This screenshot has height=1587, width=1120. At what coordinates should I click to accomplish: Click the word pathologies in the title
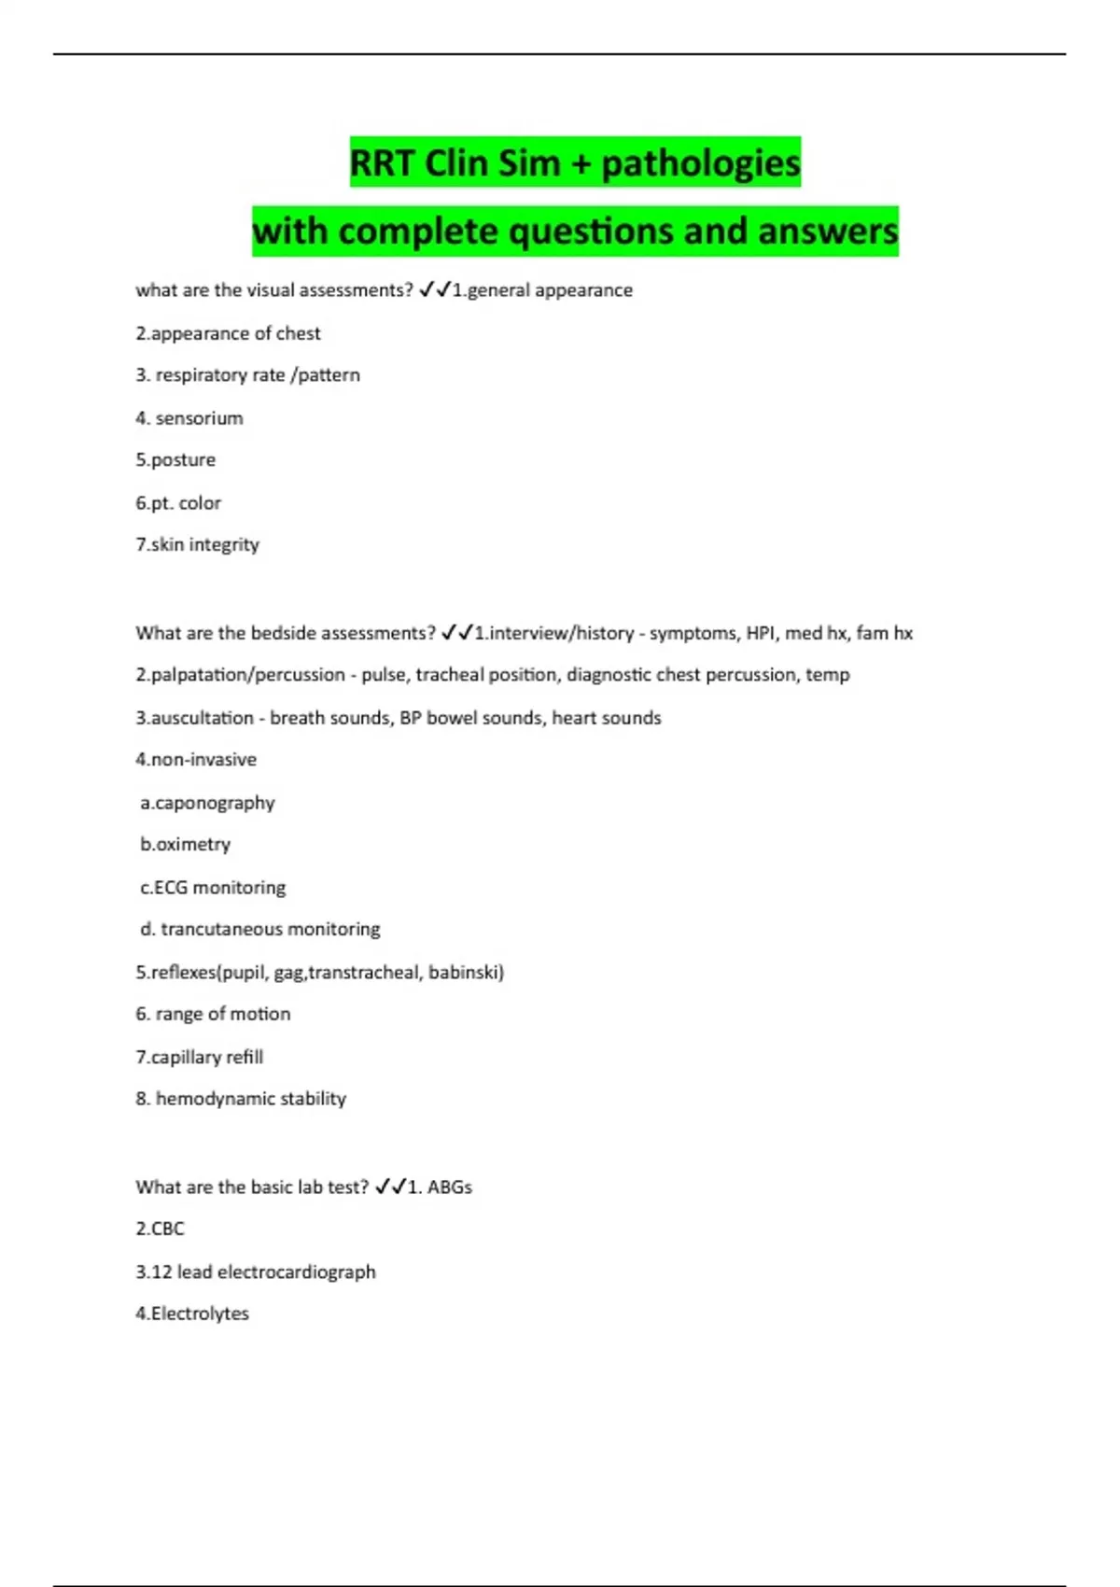(700, 163)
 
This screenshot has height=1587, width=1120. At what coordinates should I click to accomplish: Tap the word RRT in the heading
(381, 163)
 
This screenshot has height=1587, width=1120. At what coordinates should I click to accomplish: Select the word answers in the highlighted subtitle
(828, 232)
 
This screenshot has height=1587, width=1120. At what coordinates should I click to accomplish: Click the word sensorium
(199, 418)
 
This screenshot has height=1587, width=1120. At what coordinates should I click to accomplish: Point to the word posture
(183, 460)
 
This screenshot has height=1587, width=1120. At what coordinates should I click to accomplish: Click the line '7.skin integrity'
(197, 544)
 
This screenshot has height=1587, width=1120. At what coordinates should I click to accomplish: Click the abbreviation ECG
(171, 887)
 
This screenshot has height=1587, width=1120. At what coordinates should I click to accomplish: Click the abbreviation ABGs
(449, 1187)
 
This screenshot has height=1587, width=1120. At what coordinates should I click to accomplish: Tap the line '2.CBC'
(160, 1229)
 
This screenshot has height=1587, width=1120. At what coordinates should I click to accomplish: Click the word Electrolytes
(200, 1313)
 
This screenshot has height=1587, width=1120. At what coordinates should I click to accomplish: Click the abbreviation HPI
(761, 633)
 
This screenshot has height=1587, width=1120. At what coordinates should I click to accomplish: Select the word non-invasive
(203, 760)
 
